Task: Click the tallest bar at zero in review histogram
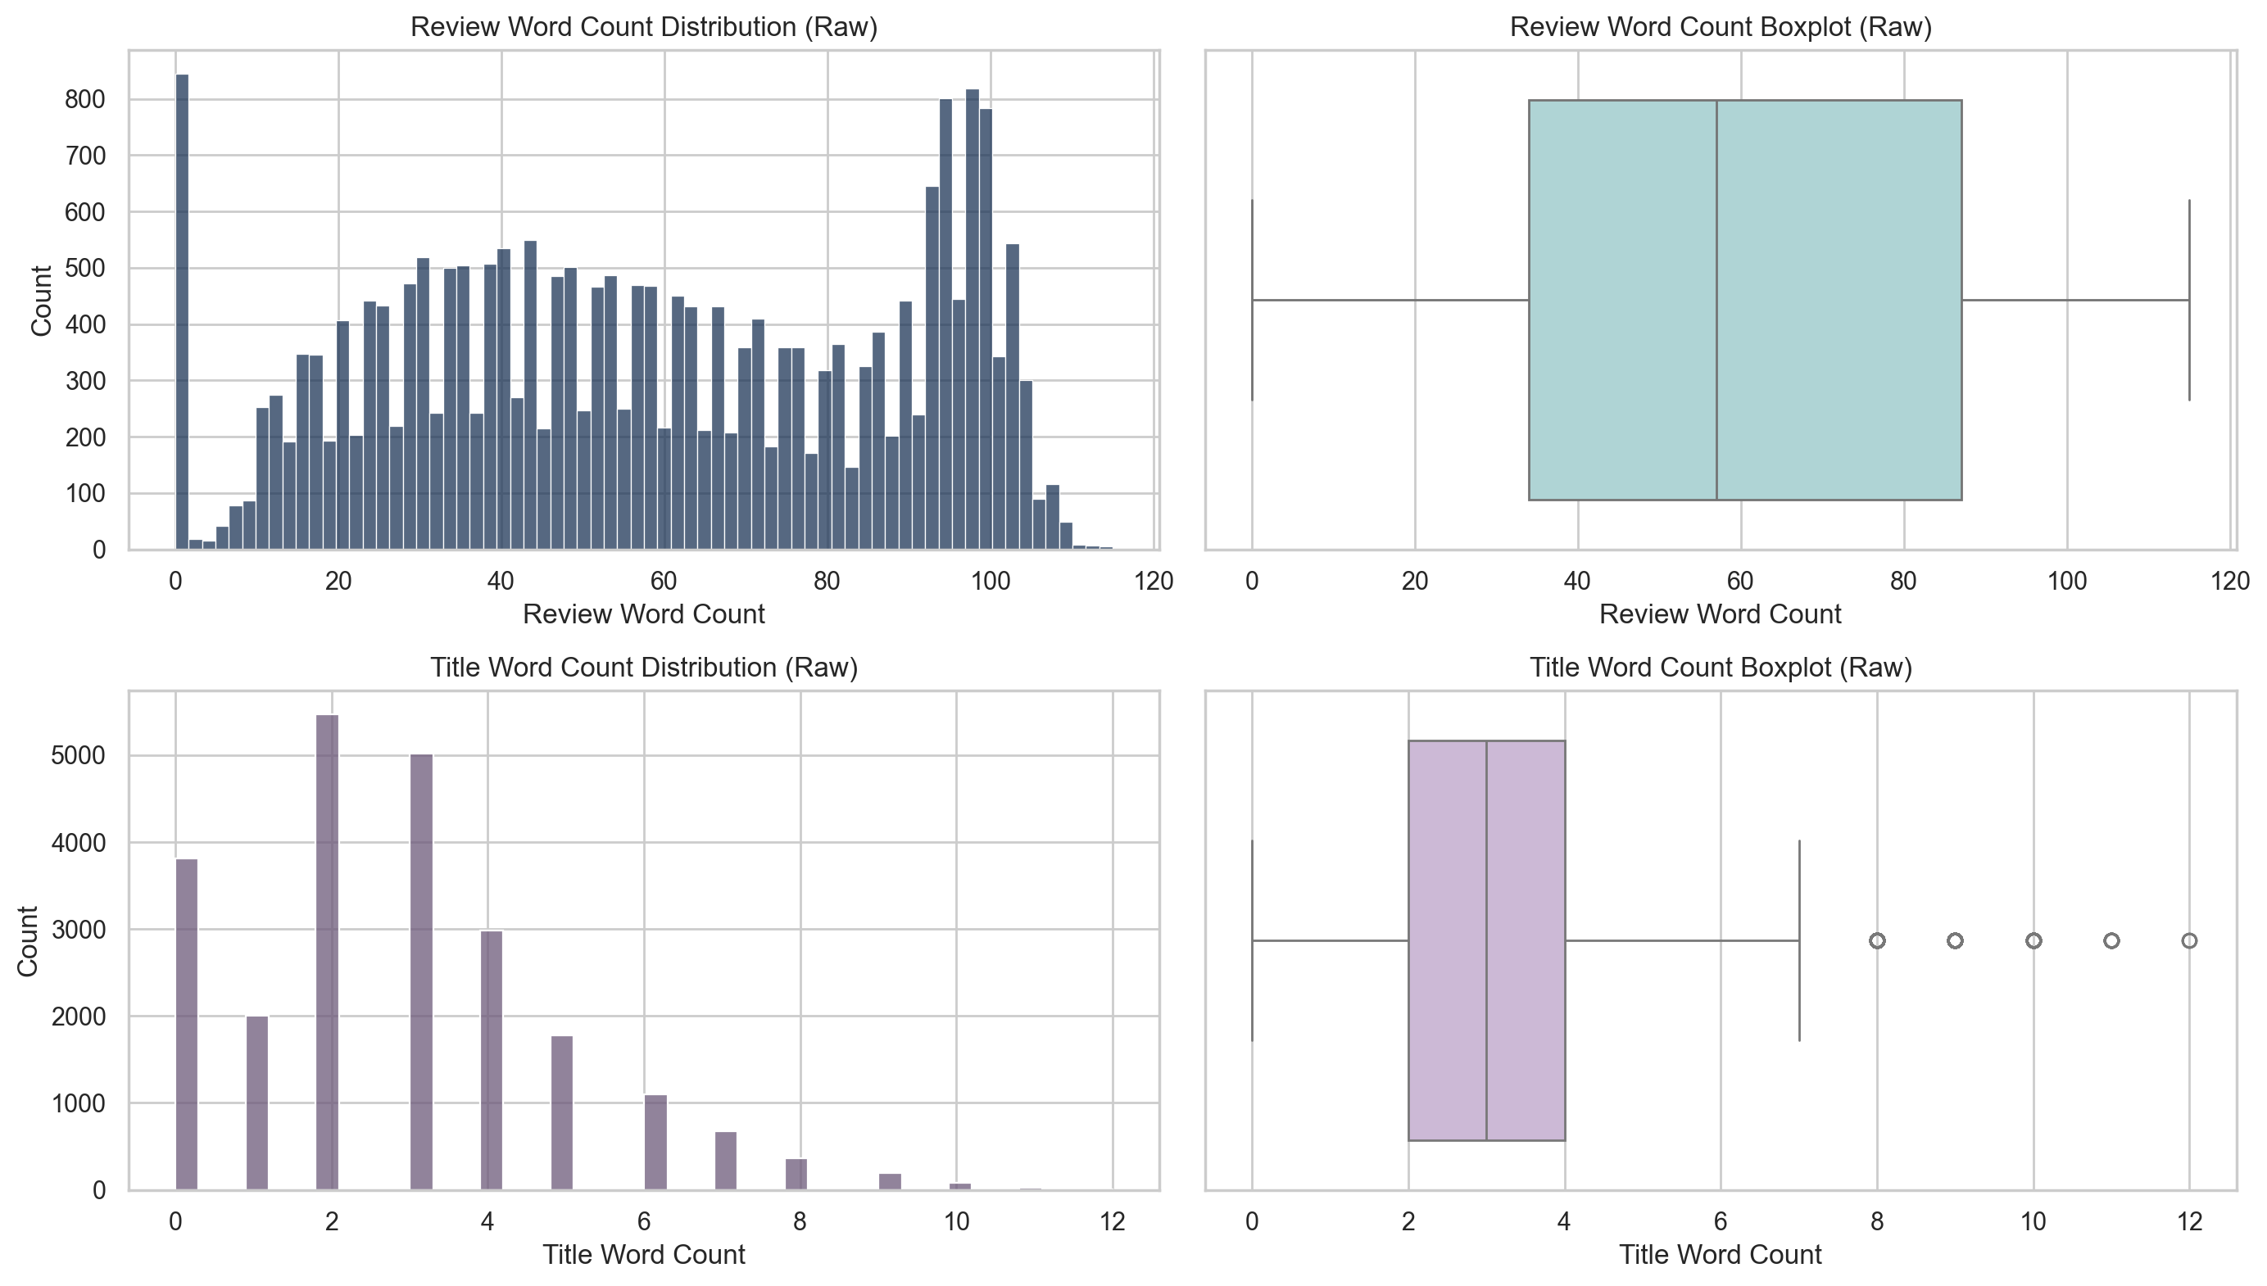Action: [182, 309]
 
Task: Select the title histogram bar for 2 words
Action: [327, 954]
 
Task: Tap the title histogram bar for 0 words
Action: [187, 1025]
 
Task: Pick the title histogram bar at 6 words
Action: [655, 1143]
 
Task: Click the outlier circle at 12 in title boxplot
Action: [2188, 940]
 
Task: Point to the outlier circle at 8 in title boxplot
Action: [1876, 940]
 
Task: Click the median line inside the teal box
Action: [1716, 301]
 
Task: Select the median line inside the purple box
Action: [1486, 940]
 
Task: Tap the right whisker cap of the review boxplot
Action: [2188, 301]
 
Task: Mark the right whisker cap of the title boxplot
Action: [1798, 940]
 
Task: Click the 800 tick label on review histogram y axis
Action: [85, 100]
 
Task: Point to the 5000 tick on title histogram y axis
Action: [78, 756]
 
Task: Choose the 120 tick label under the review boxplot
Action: [2229, 582]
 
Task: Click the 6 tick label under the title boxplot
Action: [1721, 1221]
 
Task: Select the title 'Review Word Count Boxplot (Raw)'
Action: [1721, 26]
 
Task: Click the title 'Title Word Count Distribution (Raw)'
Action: [643, 667]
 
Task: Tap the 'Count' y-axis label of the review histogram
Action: [41, 301]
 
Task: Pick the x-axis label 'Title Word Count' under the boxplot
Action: [1721, 1254]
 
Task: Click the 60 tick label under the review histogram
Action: [664, 582]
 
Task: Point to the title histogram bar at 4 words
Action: [492, 1060]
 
